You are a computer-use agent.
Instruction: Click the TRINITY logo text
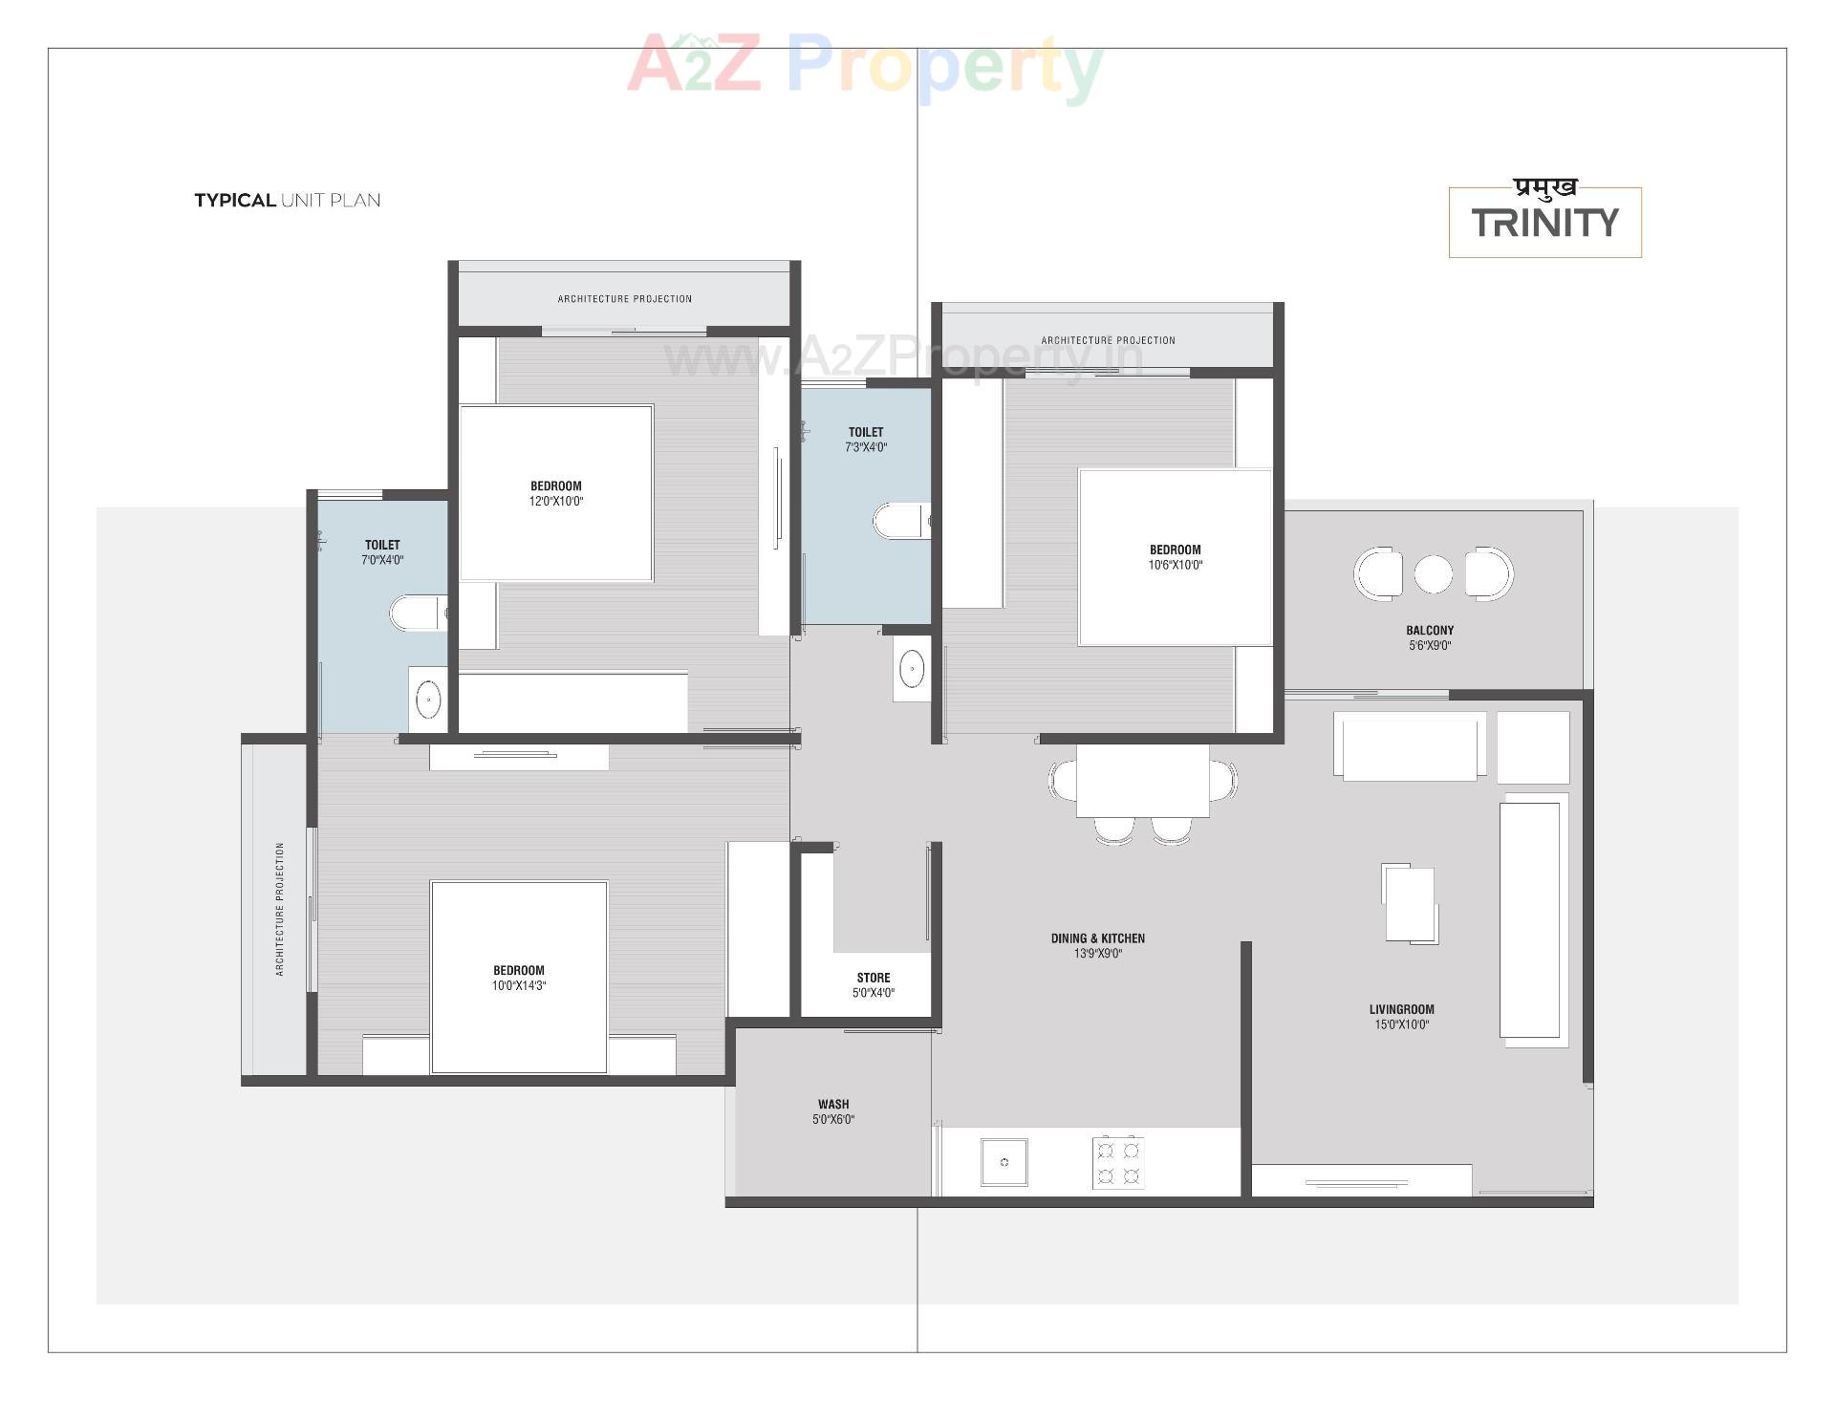[x=1544, y=223]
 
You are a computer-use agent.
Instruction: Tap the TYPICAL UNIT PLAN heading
[x=287, y=201]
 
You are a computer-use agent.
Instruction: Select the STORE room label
[x=873, y=978]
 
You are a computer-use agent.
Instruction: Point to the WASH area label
[x=833, y=1104]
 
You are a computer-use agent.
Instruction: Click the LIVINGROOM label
[x=1401, y=1009]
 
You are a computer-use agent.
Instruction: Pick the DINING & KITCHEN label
[x=1097, y=938]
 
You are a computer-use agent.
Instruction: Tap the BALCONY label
[x=1430, y=631]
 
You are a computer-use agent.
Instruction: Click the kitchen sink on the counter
[x=1004, y=1162]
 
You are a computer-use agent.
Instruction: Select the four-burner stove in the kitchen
[x=1118, y=1162]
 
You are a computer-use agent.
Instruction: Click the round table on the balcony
[x=1433, y=574]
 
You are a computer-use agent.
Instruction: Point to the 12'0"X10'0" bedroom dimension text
[x=556, y=502]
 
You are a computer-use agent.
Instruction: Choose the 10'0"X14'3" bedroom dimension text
[x=519, y=986]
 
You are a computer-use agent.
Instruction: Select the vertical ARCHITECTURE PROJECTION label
[x=280, y=909]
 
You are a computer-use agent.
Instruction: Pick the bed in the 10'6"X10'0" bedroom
[x=1175, y=557]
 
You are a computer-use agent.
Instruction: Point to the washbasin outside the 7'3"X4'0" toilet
[x=912, y=668]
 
